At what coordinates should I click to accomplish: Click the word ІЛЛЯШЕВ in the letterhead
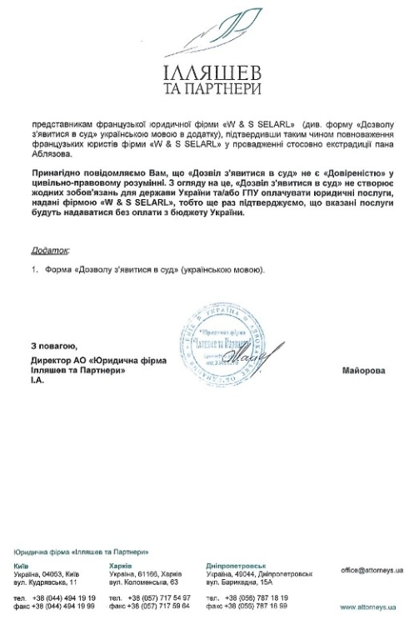pyautogui.click(x=211, y=70)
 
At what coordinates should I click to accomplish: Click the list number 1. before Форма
pyautogui.click(x=36, y=270)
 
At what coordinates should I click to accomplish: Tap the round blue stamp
pyautogui.click(x=215, y=340)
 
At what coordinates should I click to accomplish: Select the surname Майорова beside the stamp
pyautogui.click(x=364, y=370)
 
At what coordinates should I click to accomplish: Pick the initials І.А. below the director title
pyautogui.click(x=36, y=380)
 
